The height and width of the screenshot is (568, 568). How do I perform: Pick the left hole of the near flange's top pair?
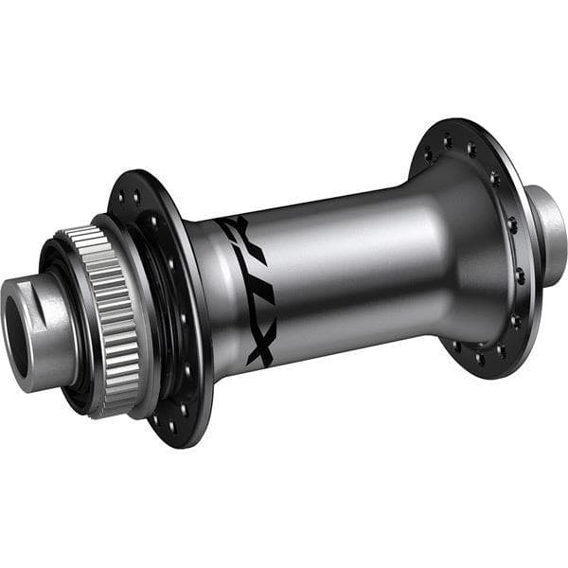coord(123,195)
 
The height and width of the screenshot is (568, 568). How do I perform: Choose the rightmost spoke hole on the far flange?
coord(520,275)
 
